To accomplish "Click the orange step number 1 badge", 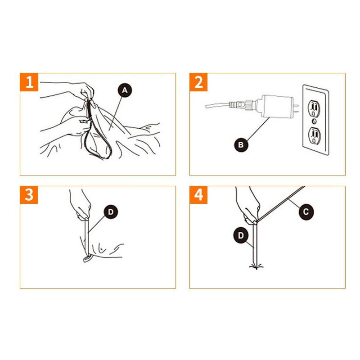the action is tap(29, 82).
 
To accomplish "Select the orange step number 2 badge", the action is tap(198, 82).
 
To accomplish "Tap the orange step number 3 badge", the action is tap(29, 195).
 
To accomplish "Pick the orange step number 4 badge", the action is tap(198, 195).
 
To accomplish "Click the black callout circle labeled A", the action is tap(125, 90).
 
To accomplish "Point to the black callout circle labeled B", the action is tap(241, 145).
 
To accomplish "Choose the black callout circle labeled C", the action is tap(306, 211).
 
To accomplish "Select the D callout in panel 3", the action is tap(111, 212).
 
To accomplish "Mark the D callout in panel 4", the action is tap(241, 235).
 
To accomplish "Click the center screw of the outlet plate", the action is tap(314, 121).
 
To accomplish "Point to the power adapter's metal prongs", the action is tap(296, 108).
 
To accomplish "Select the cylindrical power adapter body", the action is tap(275, 106).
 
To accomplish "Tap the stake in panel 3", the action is tap(86, 237).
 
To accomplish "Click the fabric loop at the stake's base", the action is tap(88, 259).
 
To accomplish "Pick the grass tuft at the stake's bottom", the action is tap(256, 267).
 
